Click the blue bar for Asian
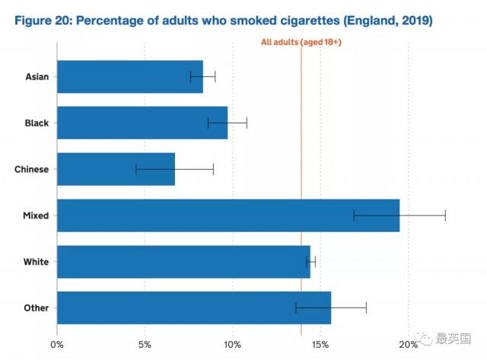click(x=130, y=76)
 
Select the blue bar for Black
click(x=142, y=123)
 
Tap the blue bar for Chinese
click(x=116, y=169)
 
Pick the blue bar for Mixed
click(x=228, y=215)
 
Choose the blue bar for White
click(x=183, y=262)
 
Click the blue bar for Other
click(x=194, y=307)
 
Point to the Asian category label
click(x=37, y=76)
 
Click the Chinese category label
click(x=31, y=169)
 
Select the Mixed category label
click(x=36, y=215)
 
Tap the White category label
click(x=36, y=262)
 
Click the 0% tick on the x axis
click(x=57, y=345)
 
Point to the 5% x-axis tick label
click(x=145, y=345)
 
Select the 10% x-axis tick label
click(x=232, y=345)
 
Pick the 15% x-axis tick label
click(x=320, y=345)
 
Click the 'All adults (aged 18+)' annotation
click(x=301, y=43)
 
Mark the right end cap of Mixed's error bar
click(x=445, y=215)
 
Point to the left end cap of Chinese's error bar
click(x=136, y=169)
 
